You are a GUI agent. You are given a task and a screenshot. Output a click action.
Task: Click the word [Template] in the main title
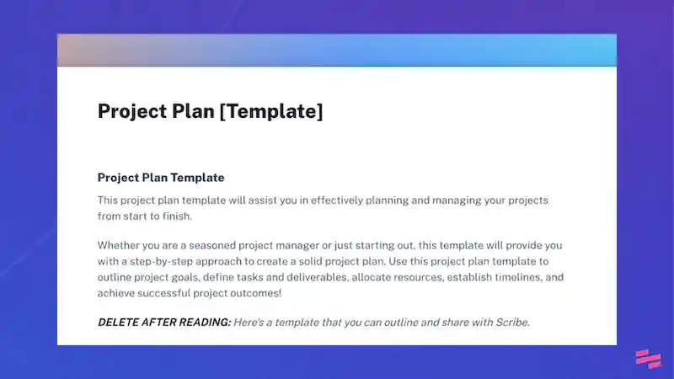[270, 111]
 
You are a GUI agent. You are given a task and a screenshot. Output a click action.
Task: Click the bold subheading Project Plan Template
[161, 178]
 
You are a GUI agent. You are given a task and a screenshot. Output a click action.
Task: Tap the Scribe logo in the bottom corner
[647, 358]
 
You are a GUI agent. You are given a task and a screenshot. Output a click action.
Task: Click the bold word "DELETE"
[120, 322]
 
